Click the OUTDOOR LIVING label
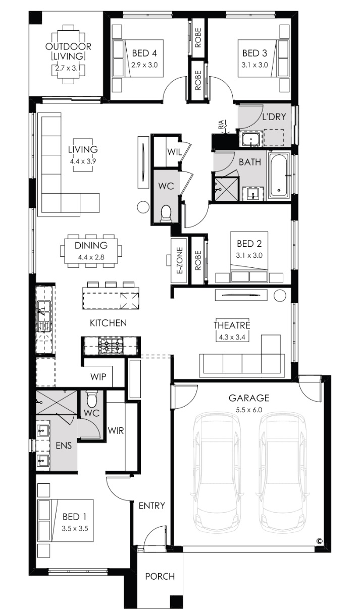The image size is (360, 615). [68, 51]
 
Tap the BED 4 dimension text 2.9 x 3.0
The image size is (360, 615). [144, 66]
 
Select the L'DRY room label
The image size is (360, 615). [274, 117]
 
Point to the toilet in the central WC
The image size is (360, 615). [166, 213]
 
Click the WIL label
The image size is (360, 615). [175, 152]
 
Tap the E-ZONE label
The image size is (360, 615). [180, 260]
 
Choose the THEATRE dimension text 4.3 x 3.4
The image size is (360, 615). [232, 337]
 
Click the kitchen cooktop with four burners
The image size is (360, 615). [111, 346]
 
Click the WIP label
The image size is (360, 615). [98, 376]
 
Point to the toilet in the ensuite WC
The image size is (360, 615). [92, 400]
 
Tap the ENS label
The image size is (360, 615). [64, 445]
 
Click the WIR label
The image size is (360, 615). [116, 430]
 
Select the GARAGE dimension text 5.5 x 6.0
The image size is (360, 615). [249, 410]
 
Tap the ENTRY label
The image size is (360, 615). [151, 506]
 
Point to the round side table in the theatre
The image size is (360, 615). [280, 296]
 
